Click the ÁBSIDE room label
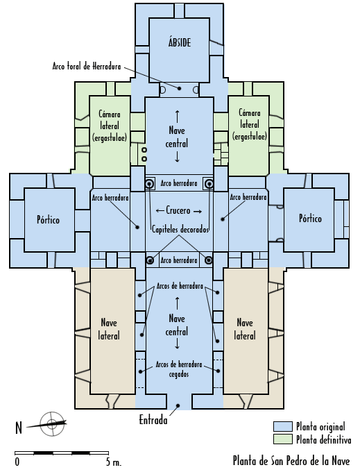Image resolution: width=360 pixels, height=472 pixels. click(180, 42)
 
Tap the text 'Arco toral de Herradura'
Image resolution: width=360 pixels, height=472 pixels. click(87, 66)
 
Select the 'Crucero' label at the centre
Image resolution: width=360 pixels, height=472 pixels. click(178, 210)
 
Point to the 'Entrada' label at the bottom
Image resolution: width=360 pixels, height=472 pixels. click(153, 420)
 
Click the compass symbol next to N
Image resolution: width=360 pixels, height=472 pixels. click(52, 423)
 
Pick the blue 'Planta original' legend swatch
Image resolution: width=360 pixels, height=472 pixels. click(283, 427)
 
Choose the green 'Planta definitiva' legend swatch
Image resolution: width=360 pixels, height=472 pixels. click(283, 439)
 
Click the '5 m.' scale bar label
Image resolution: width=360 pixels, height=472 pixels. click(114, 462)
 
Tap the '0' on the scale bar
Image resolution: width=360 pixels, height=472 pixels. click(17, 462)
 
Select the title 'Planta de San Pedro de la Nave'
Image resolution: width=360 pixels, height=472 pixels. click(291, 461)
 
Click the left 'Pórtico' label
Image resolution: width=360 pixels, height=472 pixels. click(48, 219)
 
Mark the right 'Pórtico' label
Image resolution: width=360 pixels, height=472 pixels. click(310, 218)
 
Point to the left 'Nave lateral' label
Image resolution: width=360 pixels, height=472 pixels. click(109, 329)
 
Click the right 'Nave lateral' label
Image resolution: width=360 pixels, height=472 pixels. click(245, 329)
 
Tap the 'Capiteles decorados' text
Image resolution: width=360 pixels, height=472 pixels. click(180, 229)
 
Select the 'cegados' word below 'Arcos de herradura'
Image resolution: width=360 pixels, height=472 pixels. click(179, 374)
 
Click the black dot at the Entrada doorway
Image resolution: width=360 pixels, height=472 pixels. click(178, 406)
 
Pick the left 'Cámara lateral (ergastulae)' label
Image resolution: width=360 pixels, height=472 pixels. click(110, 126)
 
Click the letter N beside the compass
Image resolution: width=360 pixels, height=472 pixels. click(19, 428)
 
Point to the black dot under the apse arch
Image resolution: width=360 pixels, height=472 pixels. click(179, 88)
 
